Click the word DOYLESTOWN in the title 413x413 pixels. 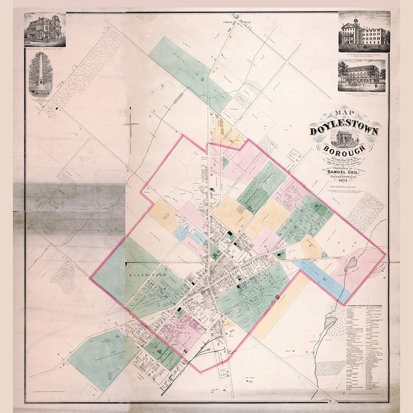pos(344,130)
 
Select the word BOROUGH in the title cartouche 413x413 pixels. pos(344,148)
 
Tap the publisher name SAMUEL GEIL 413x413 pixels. pos(344,172)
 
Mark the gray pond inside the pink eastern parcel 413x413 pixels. pos(351,263)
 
